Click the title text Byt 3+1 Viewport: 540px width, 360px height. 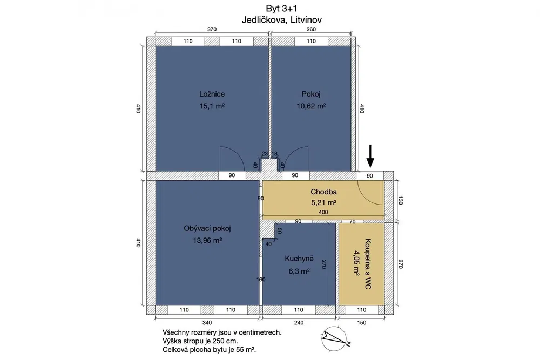pyautogui.click(x=281, y=9)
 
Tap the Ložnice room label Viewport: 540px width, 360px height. pyautogui.click(x=212, y=94)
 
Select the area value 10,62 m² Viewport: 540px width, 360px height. pyautogui.click(x=312, y=106)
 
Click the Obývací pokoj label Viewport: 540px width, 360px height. pyautogui.click(x=207, y=228)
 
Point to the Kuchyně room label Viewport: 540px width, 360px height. pyautogui.click(x=299, y=259)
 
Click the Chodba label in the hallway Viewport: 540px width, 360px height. pyautogui.click(x=323, y=192)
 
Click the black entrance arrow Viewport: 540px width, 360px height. pyautogui.click(x=370, y=156)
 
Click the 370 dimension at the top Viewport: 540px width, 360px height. pyautogui.click(x=212, y=29)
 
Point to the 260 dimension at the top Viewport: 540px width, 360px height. pyautogui.click(x=311, y=29)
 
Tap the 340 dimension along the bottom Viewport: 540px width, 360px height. pyautogui.click(x=207, y=322)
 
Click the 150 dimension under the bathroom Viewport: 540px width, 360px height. pyautogui.click(x=362, y=322)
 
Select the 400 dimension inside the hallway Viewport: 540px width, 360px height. pyautogui.click(x=323, y=212)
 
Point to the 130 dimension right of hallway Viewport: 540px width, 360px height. pyautogui.click(x=400, y=200)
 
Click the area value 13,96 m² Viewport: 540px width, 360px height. pyautogui.click(x=207, y=240)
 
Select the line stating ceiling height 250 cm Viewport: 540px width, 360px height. pyautogui.click(x=200, y=341)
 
